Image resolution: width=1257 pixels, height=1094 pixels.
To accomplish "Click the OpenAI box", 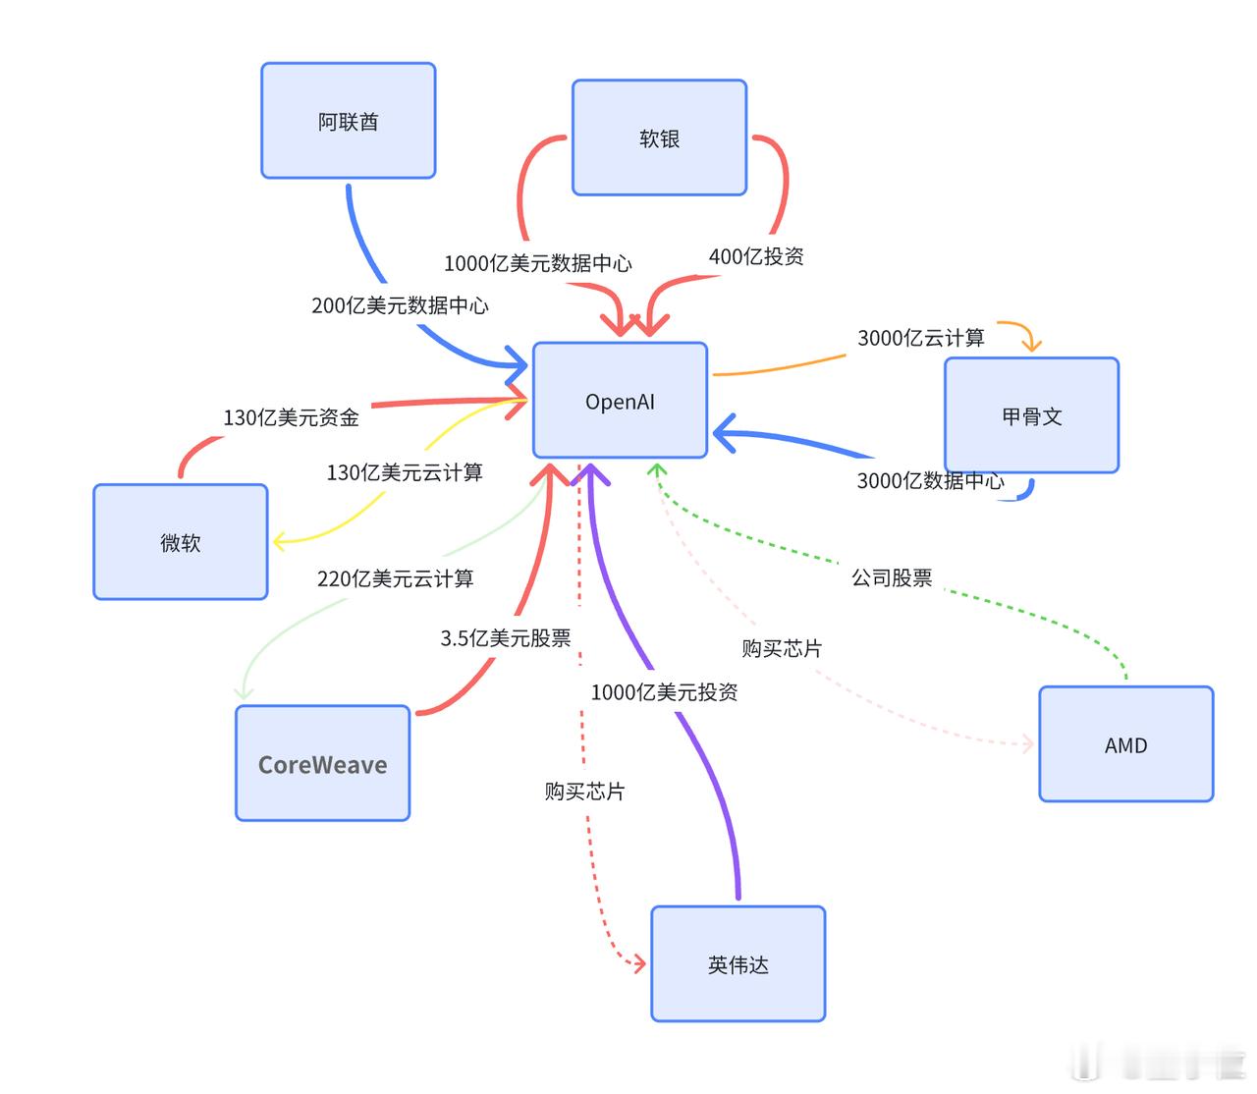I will (620, 401).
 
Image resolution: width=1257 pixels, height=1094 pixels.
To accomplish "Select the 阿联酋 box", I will (348, 121).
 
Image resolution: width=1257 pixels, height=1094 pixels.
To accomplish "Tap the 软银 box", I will (659, 138).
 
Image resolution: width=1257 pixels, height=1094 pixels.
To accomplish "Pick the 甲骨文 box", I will (1031, 415).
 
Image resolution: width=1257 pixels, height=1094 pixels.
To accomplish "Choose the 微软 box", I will (180, 542).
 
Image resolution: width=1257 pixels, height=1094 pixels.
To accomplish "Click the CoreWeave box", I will (322, 763).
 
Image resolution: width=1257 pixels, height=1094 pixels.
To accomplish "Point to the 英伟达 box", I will (738, 964).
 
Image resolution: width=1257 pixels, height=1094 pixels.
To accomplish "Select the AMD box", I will (1125, 744).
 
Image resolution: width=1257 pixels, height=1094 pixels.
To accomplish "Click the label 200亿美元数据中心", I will (400, 305).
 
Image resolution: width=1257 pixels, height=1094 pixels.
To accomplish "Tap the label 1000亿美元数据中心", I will (537, 263).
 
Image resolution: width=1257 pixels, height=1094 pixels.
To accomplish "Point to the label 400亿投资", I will (756, 256).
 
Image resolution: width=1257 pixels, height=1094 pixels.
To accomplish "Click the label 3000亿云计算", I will (920, 338).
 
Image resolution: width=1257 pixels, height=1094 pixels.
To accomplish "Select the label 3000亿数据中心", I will (930, 480).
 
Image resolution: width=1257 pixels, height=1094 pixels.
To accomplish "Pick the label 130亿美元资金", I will (291, 417).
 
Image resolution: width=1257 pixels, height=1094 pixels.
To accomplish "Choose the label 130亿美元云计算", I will (405, 472).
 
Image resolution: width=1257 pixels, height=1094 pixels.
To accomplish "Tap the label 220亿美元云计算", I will (395, 578).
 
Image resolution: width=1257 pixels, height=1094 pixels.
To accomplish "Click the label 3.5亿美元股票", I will (505, 638).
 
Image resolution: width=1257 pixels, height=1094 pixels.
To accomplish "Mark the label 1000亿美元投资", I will (664, 692).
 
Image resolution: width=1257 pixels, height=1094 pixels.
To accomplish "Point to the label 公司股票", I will (892, 577).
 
